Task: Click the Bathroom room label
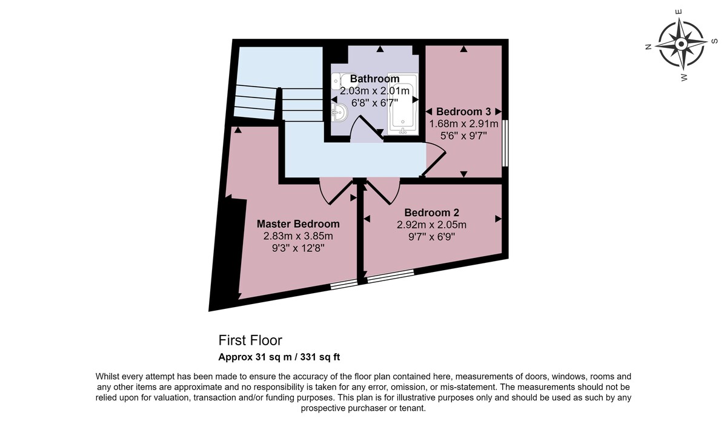point(374,79)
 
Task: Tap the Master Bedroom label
point(298,224)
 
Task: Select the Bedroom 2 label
point(431,213)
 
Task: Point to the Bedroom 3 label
point(463,111)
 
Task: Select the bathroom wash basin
point(339,113)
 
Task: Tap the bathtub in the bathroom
point(402,104)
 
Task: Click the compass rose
point(681,44)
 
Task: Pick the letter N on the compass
point(648,47)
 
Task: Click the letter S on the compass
point(714,41)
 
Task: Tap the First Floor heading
point(250,340)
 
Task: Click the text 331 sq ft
point(320,357)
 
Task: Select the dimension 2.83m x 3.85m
point(298,236)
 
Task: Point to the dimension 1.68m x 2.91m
point(463,124)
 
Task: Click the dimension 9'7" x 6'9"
point(431,237)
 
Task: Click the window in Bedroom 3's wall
point(505,143)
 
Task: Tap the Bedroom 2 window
point(390,276)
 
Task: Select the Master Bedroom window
point(344,284)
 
